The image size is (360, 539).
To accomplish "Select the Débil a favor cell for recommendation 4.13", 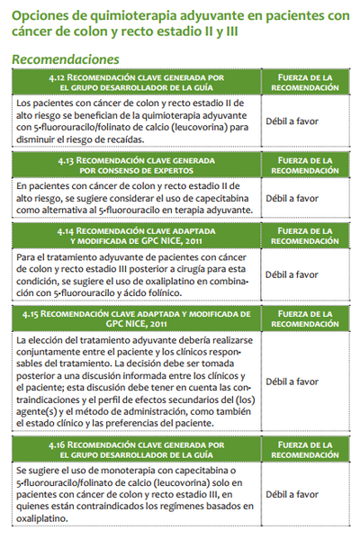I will pos(292,198).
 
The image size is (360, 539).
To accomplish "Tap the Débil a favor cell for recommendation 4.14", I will pos(292,274).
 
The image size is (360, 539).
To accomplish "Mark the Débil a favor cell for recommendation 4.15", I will pos(292,382).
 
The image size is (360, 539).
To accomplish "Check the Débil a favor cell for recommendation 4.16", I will pos(292,494).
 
